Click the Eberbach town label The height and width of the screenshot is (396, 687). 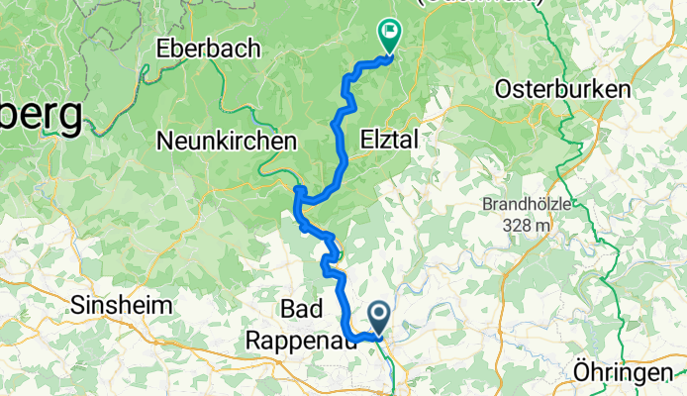point(208,48)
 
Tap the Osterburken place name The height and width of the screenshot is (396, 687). point(563,88)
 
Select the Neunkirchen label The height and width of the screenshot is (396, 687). point(227,142)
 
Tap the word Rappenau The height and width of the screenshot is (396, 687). point(294,338)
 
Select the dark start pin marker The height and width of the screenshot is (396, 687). point(380,318)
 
